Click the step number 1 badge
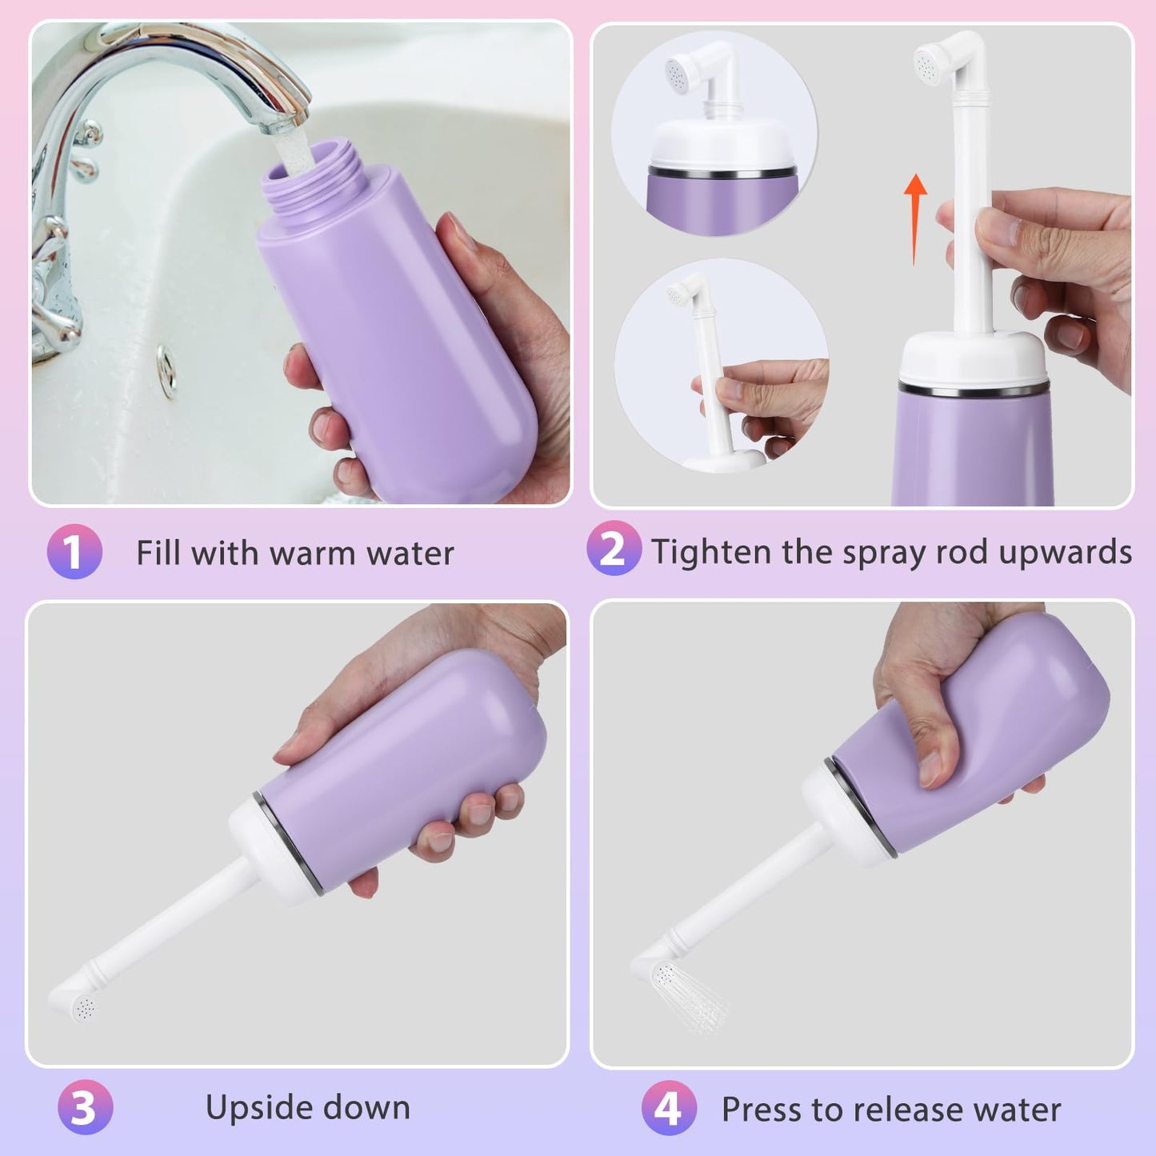[x=74, y=551]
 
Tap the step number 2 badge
[x=614, y=549]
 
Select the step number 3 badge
[x=85, y=1107]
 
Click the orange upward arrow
[x=915, y=219]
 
